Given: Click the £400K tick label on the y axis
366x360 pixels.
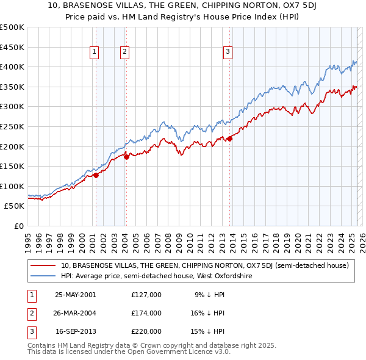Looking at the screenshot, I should pos(12,67).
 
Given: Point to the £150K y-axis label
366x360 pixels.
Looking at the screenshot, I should pos(12,166).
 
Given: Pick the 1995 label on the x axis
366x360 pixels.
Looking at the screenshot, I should pos(27,238).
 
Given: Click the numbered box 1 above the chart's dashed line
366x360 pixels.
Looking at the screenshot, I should pos(95,52).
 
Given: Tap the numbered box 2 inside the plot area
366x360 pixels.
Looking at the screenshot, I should pos(124,52).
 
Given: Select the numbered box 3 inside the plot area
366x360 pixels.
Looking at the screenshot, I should pos(228,52).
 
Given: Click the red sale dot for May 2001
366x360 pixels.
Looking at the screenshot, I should pos(96,176).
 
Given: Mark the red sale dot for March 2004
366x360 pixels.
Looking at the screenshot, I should pos(126,157).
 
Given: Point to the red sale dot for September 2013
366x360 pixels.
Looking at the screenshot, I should pos(229,139).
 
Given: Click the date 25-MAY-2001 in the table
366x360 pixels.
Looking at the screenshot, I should pos(76,294).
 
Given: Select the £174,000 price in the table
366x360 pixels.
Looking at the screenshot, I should pos(146,313).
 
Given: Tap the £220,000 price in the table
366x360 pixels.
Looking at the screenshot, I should pos(146,331).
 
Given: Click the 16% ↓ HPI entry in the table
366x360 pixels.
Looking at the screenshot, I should pos(207,313).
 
